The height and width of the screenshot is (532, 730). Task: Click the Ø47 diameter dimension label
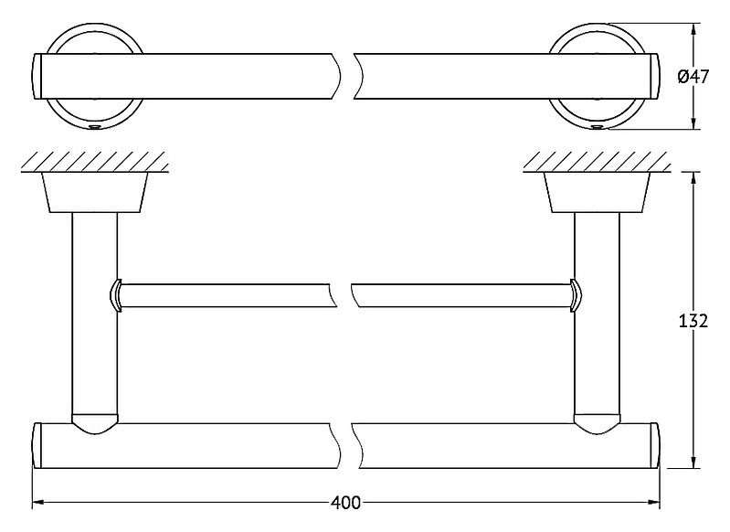693,77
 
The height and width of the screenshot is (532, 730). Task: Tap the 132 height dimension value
693,321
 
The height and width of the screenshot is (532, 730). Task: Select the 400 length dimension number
345,503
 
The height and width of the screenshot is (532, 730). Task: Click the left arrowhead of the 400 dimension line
37,503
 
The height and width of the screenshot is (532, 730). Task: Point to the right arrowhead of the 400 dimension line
654,503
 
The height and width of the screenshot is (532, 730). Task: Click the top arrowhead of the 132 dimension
693,178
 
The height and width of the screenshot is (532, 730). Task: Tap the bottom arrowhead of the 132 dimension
693,462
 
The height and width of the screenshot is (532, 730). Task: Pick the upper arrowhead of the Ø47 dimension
693,30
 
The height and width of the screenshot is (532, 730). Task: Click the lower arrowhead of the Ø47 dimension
693,122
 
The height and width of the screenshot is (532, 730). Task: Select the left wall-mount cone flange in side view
95,192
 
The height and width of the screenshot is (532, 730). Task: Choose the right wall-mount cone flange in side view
597,192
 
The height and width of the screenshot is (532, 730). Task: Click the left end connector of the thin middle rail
116,295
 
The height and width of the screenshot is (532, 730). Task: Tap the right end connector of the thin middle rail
576,295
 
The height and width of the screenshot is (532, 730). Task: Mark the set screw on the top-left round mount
95,126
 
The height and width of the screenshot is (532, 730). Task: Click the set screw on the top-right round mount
597,126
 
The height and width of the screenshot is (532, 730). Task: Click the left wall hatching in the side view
94,161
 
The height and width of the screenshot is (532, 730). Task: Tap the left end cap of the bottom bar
37,445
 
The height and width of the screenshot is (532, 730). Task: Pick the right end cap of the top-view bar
654,77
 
